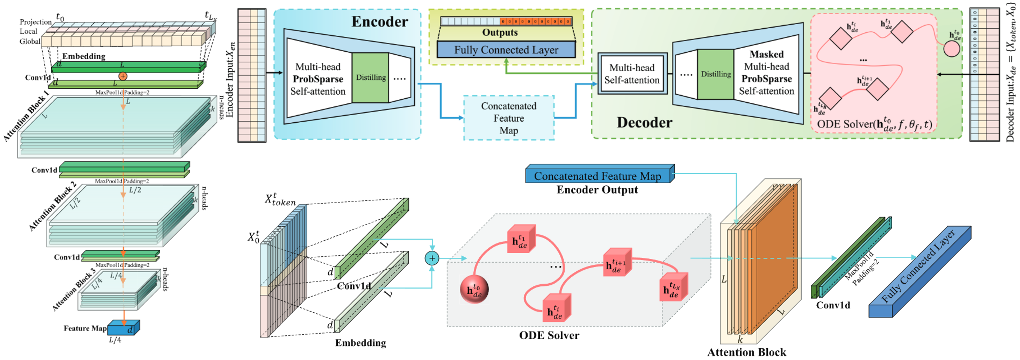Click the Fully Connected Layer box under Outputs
point(506,50)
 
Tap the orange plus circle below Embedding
point(123,76)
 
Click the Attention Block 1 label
point(26,116)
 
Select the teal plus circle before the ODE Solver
point(432,259)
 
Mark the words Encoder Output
point(597,190)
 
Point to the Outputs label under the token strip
point(500,32)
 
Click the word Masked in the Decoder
point(767,54)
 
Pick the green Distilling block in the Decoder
point(715,74)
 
